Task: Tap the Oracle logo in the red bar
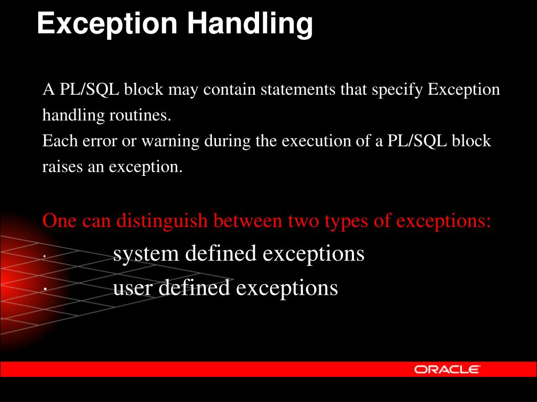(x=447, y=370)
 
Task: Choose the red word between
(x=248, y=220)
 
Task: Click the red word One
(x=59, y=220)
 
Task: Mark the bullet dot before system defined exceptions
(x=45, y=256)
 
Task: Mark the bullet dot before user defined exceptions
(x=45, y=289)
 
